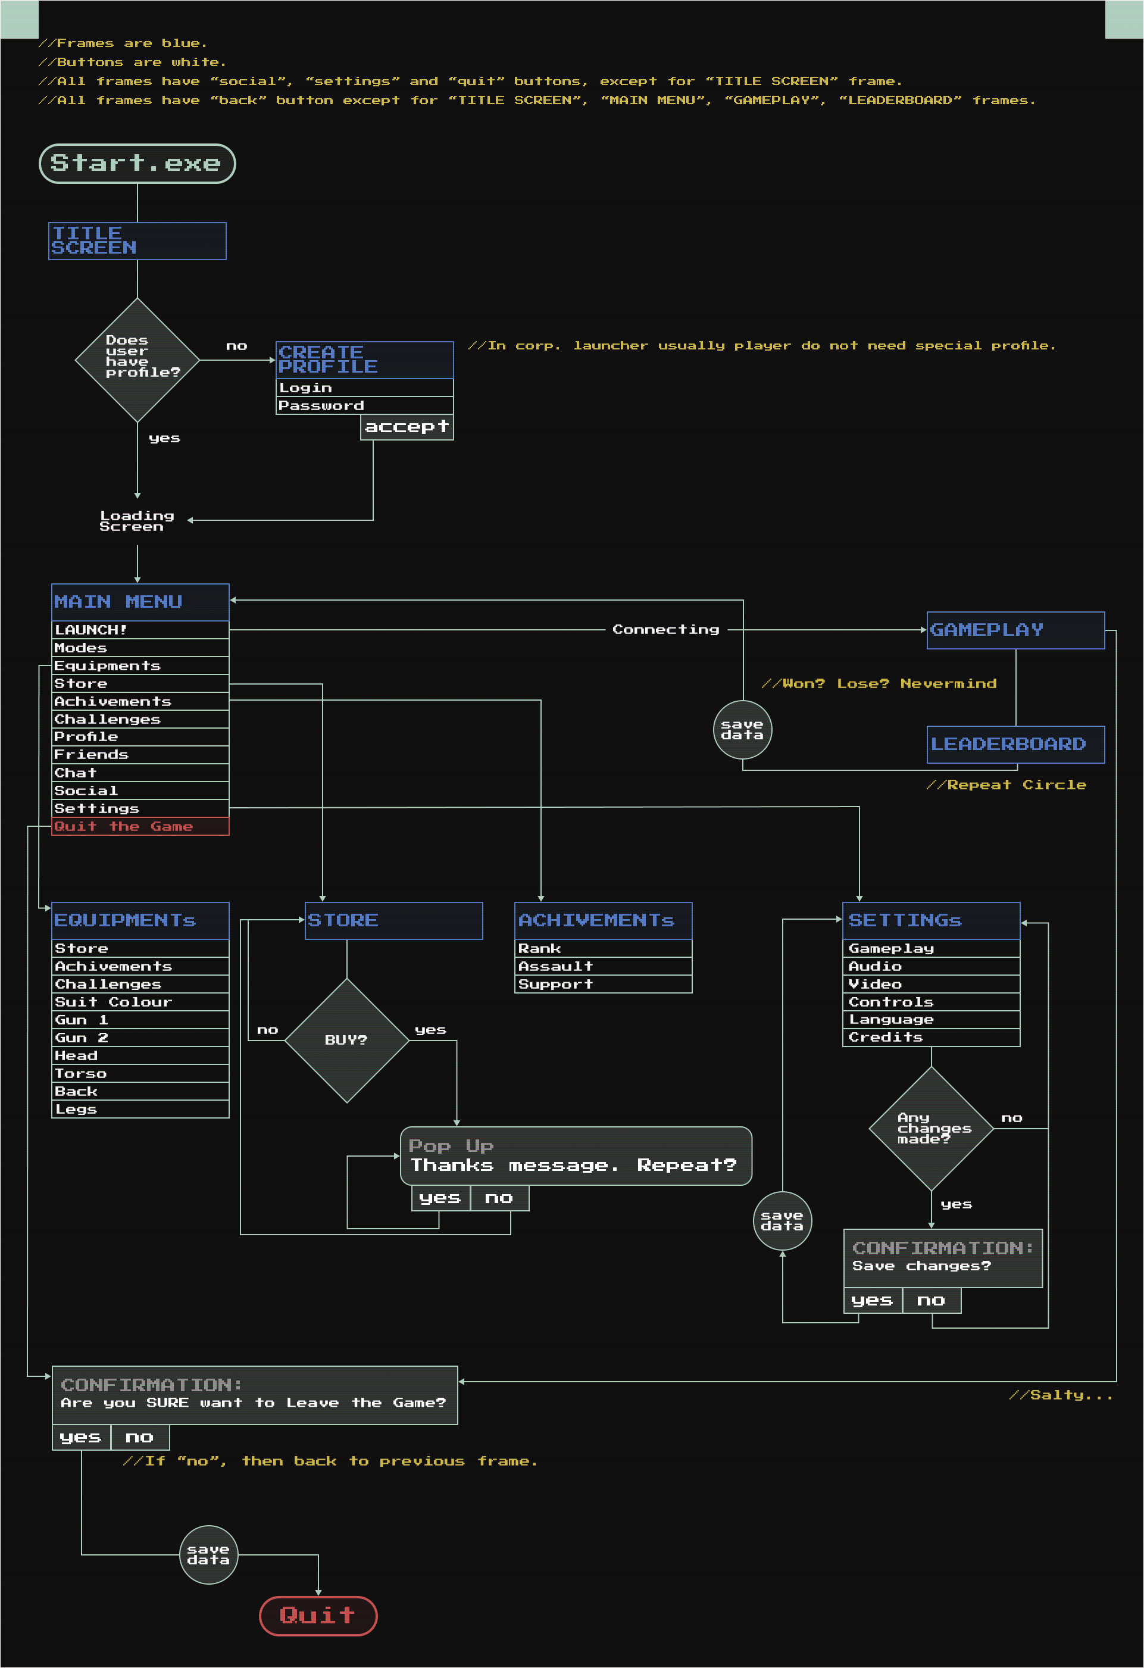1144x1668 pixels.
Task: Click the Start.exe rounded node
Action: (137, 164)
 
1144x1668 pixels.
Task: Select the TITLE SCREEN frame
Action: (137, 241)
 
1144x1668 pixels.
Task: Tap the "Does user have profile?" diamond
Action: (137, 360)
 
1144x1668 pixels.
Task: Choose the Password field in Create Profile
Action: (365, 405)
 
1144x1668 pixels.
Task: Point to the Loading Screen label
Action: (136, 521)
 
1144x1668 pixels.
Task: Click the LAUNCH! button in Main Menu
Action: (140, 629)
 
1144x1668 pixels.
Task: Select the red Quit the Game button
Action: (140, 826)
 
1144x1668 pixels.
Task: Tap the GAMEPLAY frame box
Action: (1015, 630)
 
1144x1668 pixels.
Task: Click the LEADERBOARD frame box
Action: (1015, 744)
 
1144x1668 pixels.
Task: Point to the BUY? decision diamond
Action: (346, 1040)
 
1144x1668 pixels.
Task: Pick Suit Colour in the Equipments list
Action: (140, 1002)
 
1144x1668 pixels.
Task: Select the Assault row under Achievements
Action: (603, 966)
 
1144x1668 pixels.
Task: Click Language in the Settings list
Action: (931, 1019)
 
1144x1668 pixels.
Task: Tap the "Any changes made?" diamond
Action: (931, 1128)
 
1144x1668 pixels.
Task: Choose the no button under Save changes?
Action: (931, 1301)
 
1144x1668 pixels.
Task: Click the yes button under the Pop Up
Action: (440, 1198)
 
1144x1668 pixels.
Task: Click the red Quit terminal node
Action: (318, 1616)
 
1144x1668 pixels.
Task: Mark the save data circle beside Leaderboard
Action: (742, 730)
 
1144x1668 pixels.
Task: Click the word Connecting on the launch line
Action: (665, 629)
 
